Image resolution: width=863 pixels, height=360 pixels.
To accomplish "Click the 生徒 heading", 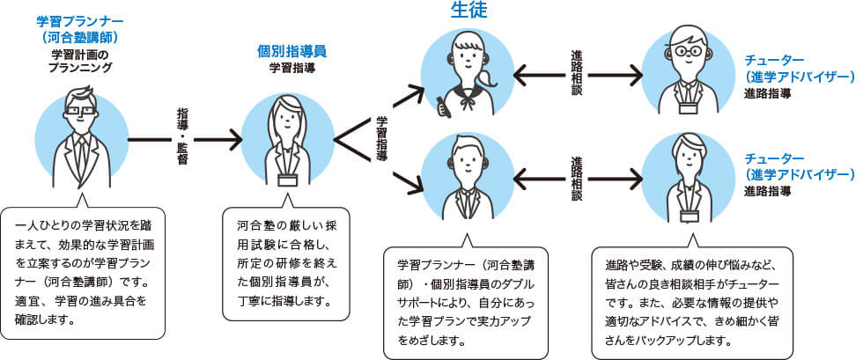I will [468, 11].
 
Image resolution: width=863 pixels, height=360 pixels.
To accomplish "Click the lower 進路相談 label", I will [577, 179].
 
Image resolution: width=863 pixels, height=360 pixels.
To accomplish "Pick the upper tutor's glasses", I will [688, 51].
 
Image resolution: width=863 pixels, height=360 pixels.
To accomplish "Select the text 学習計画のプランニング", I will [79, 60].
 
